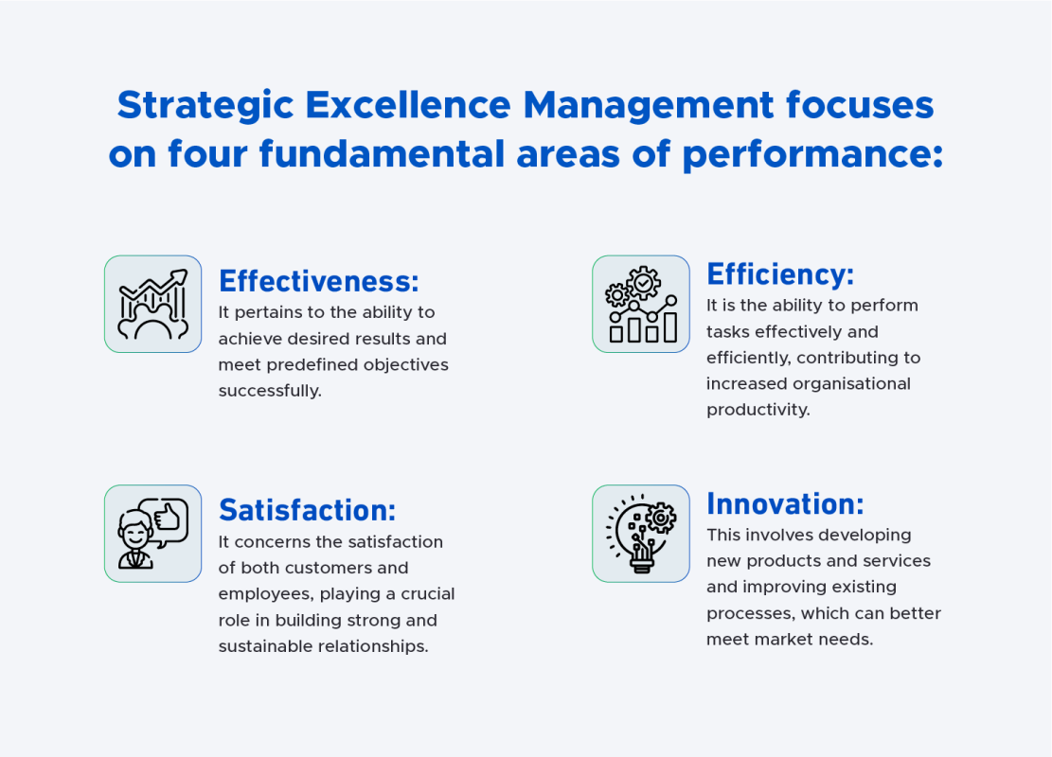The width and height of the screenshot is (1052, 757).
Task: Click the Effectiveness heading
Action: click(x=318, y=281)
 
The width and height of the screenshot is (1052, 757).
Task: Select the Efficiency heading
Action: click(x=780, y=274)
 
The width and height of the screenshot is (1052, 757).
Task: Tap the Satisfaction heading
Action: click(x=307, y=511)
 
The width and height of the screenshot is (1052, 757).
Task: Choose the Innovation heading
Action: click(x=785, y=503)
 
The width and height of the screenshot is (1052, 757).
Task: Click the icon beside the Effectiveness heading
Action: click(x=152, y=304)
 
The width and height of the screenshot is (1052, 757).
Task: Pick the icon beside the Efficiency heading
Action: click(x=641, y=304)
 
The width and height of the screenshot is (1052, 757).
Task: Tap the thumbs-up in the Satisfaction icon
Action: click(x=168, y=517)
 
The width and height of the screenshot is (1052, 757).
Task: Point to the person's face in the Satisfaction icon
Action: click(x=134, y=531)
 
